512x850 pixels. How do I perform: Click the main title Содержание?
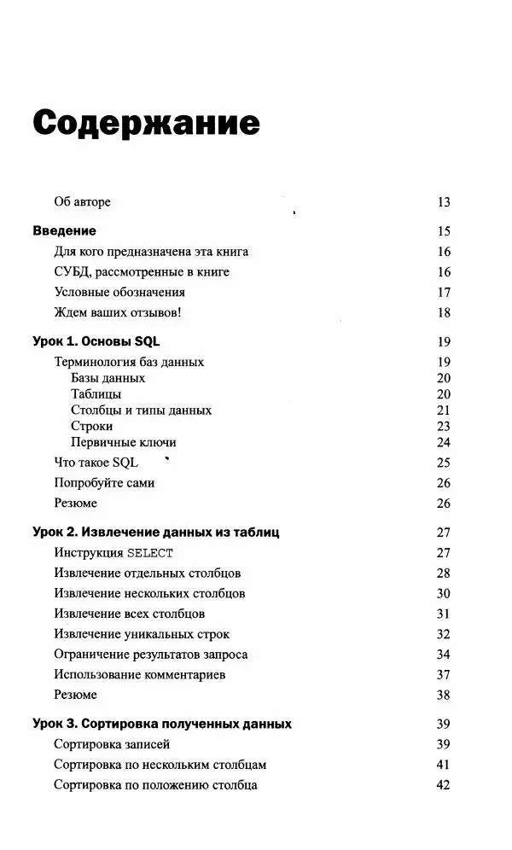[x=146, y=123]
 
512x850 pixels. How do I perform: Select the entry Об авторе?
[x=82, y=202]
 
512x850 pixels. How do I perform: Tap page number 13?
[x=443, y=202]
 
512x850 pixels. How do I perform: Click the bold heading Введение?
[x=64, y=231]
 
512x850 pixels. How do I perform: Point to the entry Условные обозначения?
[x=119, y=292]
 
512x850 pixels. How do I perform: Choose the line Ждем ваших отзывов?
[x=118, y=312]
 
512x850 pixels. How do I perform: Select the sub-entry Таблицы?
[x=96, y=394]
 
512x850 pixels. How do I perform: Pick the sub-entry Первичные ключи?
[x=124, y=443]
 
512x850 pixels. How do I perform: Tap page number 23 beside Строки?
[x=443, y=427]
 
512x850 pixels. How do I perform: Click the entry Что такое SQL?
[x=96, y=463]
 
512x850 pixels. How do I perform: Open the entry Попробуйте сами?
[x=104, y=483]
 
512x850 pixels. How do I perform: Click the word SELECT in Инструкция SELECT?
[x=150, y=553]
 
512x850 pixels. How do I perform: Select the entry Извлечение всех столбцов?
[x=129, y=614]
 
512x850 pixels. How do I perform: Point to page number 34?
[x=443, y=655]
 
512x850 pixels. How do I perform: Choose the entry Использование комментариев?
[x=139, y=675]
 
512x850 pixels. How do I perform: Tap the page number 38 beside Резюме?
[x=443, y=696]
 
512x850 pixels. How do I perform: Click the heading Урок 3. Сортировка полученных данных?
[x=162, y=725]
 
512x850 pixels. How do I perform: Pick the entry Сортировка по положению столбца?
[x=155, y=785]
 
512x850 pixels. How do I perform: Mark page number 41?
[x=443, y=765]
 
